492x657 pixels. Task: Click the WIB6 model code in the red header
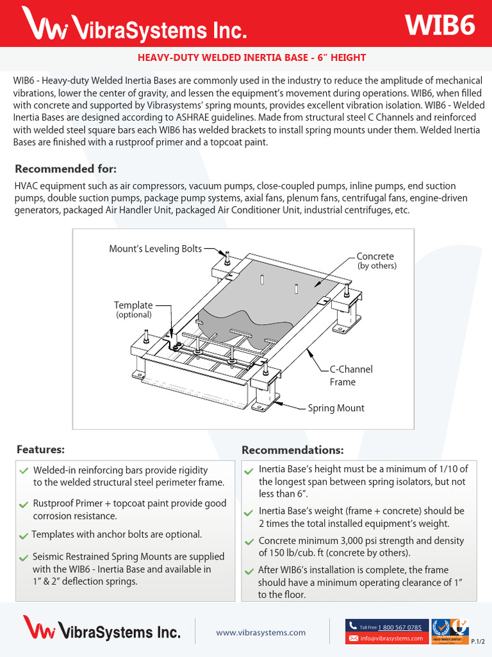click(440, 25)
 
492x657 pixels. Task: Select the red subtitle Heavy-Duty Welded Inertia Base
click(252, 58)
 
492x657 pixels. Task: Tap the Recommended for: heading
click(66, 169)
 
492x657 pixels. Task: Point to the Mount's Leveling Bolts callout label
click(155, 249)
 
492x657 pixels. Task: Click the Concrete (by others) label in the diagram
click(375, 260)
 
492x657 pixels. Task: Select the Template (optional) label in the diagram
click(133, 309)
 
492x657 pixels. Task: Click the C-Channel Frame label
click(350, 375)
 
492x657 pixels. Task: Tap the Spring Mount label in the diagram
click(336, 408)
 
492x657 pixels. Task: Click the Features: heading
click(40, 450)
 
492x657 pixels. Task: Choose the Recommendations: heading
click(292, 450)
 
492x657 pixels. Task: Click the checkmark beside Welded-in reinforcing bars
click(24, 471)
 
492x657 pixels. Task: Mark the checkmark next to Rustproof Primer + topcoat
click(24, 505)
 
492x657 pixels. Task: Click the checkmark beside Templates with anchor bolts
click(24, 536)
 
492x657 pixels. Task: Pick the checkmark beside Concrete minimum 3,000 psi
click(249, 542)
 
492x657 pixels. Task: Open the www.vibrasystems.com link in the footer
click(261, 632)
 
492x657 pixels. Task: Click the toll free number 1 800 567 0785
click(399, 627)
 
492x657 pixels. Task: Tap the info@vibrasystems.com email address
click(391, 638)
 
